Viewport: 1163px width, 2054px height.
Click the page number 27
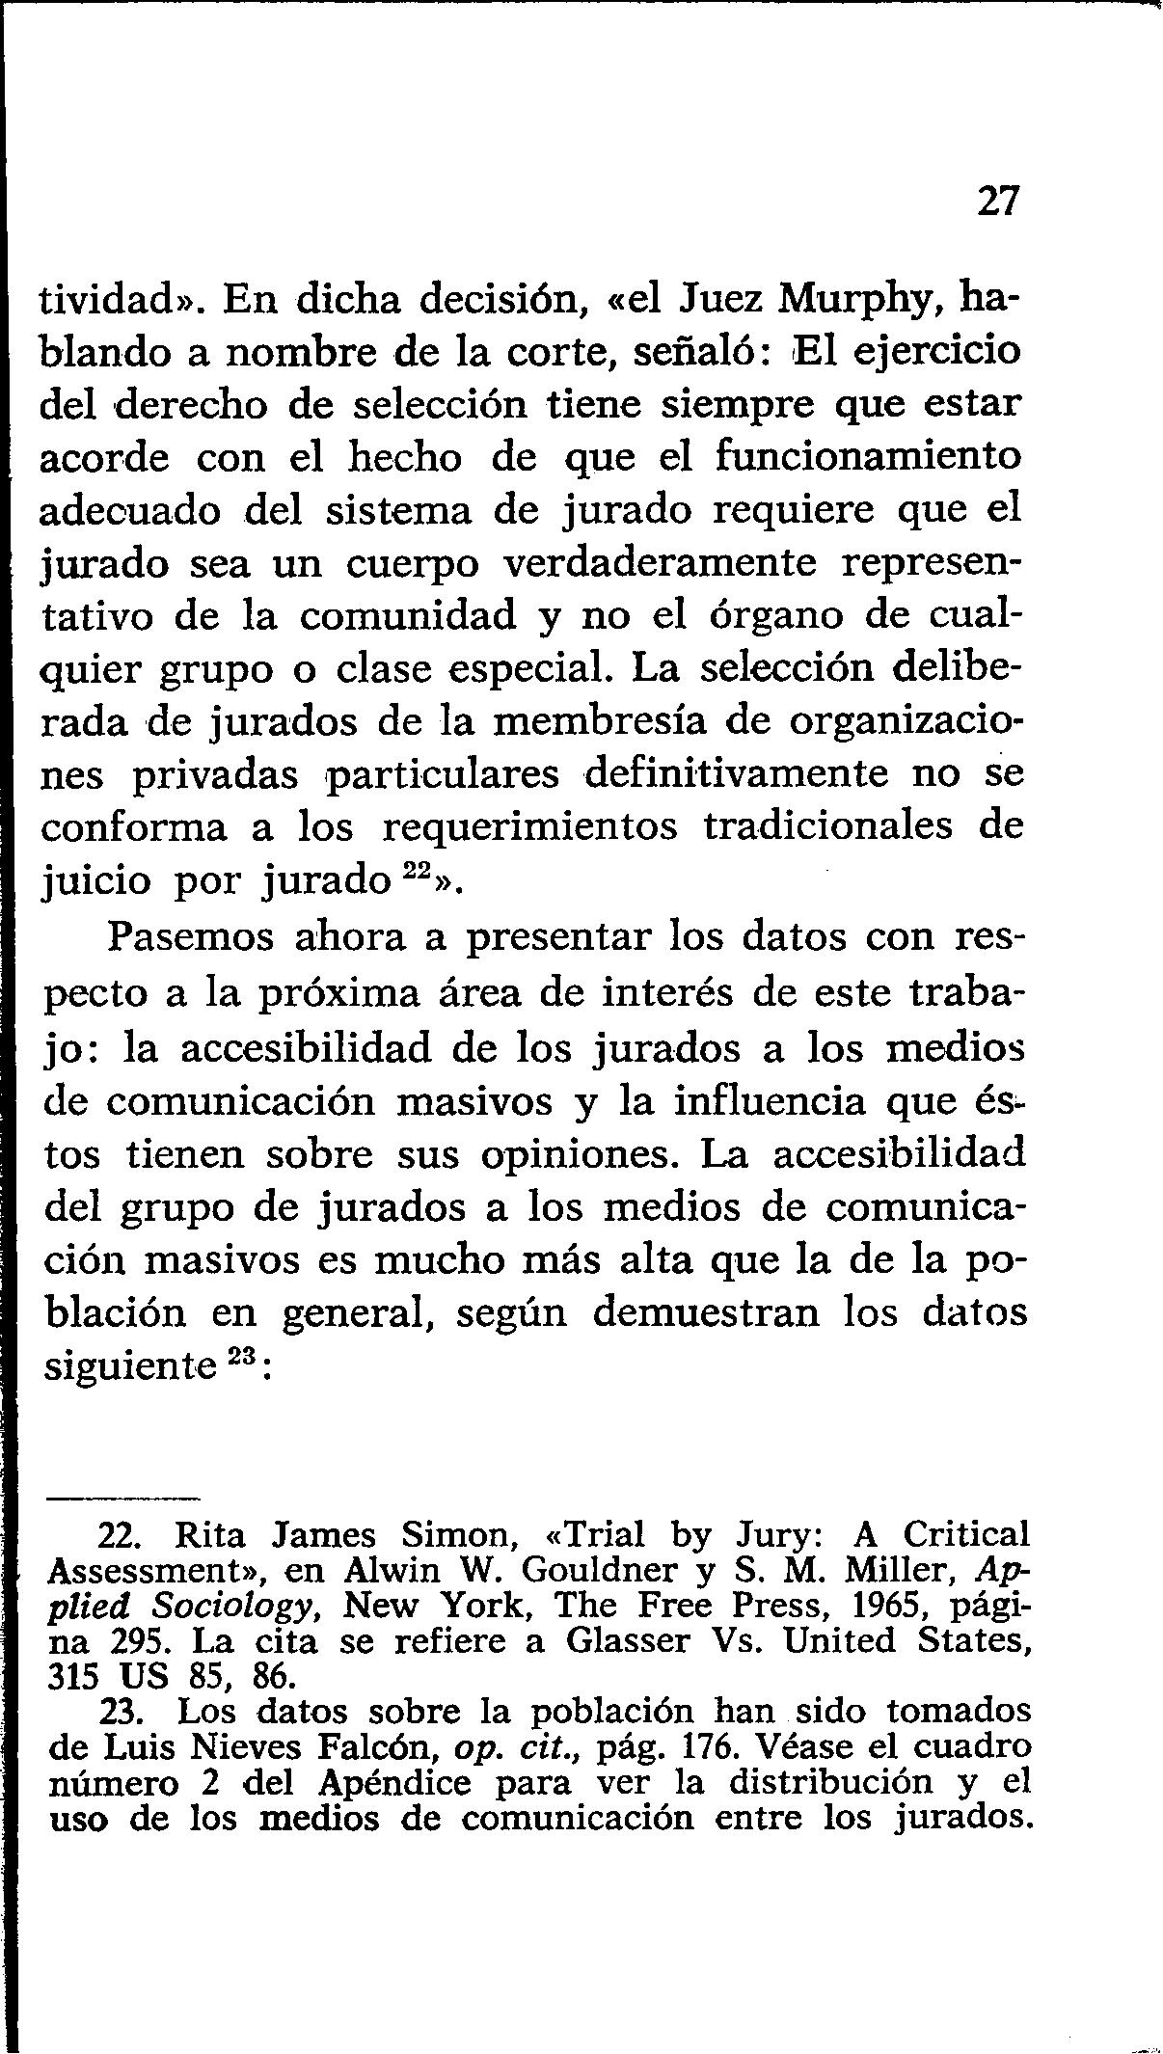[x=997, y=202]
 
